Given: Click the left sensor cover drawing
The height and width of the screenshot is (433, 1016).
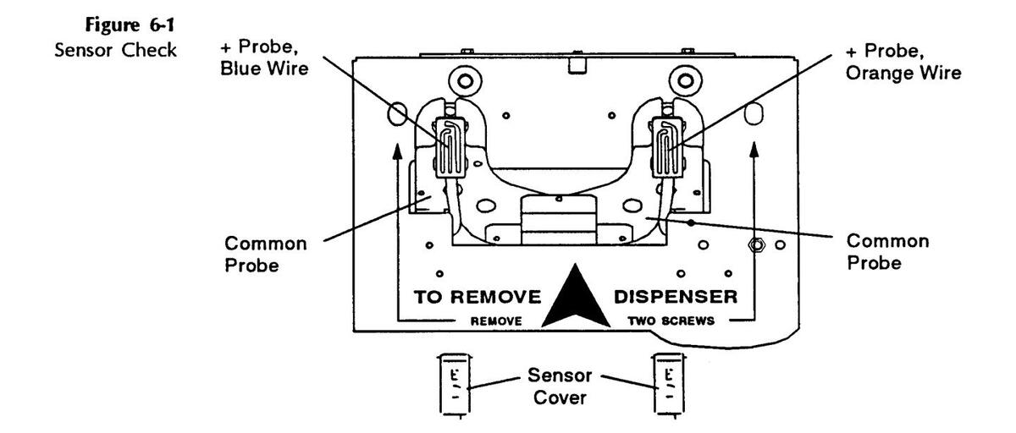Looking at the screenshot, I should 453,385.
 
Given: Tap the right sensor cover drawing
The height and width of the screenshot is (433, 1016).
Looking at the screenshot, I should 668,385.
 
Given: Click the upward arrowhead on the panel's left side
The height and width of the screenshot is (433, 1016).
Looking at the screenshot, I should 397,149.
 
